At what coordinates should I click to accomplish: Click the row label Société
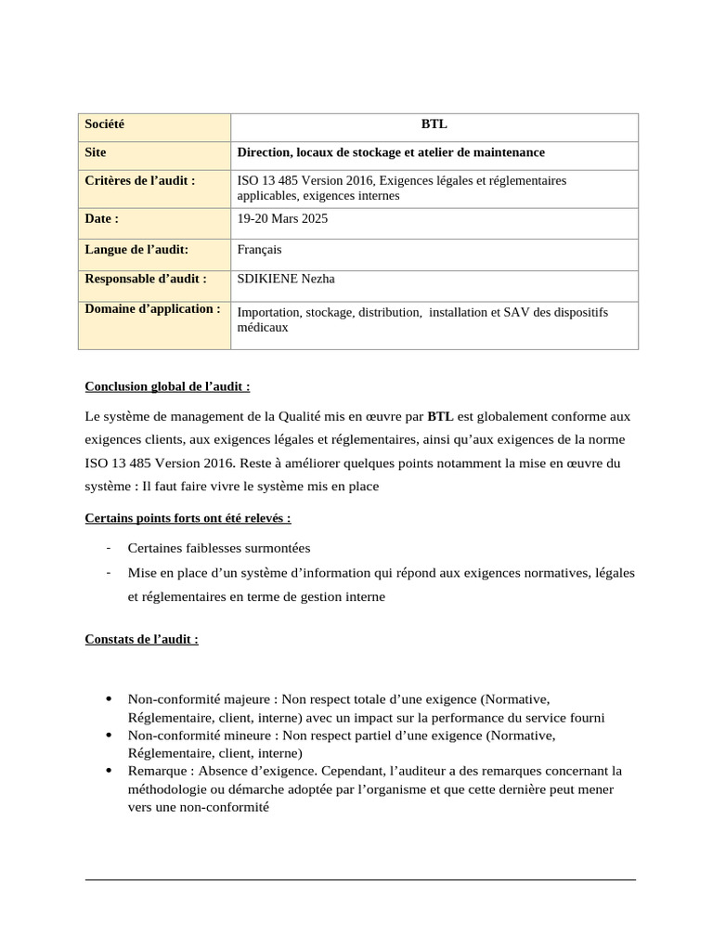104,124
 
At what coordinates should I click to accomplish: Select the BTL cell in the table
434,124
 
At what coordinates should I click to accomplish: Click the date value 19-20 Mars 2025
282,219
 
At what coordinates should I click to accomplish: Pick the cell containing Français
260,250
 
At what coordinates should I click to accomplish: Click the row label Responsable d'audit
145,279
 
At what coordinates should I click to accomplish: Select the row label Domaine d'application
152,308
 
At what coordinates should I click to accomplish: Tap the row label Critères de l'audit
140,180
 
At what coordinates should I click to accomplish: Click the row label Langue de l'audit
136,249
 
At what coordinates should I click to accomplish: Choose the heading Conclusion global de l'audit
167,386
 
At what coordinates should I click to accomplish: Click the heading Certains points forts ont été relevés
188,517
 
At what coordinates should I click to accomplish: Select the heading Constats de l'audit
141,639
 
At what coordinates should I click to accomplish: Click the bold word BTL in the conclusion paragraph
440,416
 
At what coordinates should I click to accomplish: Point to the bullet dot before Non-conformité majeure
110,699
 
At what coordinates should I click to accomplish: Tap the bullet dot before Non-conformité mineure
110,736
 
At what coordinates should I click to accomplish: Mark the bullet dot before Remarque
110,772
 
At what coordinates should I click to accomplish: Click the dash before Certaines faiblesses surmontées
110,548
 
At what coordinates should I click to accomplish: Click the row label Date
101,218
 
